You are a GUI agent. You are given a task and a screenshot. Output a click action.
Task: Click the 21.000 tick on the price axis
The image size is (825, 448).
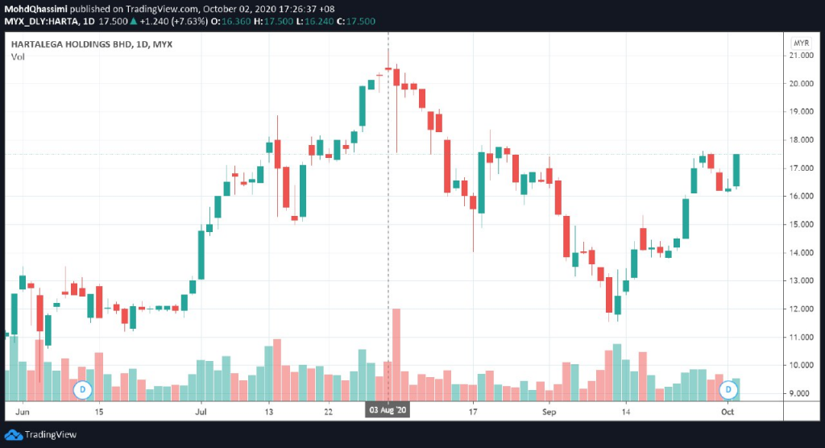(x=802, y=56)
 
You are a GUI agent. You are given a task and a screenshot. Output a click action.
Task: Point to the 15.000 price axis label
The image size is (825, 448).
(x=802, y=224)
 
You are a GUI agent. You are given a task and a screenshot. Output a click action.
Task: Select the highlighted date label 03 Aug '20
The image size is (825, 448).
(x=388, y=410)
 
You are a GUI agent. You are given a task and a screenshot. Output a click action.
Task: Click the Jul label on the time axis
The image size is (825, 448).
(x=201, y=412)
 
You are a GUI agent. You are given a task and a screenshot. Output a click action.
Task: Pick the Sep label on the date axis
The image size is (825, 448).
(x=549, y=412)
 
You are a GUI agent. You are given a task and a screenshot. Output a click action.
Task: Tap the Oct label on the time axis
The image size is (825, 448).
(x=728, y=412)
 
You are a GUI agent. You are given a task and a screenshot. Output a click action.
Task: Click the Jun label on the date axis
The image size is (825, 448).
(x=22, y=412)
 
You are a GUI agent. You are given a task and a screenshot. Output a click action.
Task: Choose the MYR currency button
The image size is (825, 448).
(x=802, y=44)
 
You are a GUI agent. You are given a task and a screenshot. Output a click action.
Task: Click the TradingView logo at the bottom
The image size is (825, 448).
(x=40, y=435)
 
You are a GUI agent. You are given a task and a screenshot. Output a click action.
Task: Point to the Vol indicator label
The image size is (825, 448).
(x=18, y=57)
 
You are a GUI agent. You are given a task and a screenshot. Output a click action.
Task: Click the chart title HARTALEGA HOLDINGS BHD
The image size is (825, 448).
(x=71, y=44)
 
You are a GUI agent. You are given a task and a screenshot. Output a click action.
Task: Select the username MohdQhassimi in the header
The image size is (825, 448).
(x=35, y=9)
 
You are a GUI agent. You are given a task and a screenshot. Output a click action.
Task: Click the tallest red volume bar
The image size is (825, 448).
(x=396, y=355)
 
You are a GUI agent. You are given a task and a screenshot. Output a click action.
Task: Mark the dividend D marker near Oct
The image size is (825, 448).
(x=728, y=389)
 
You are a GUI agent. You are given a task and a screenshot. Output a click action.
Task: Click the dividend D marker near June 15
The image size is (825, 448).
(x=83, y=390)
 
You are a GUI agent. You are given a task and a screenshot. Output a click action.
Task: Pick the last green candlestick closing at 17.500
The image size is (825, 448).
(x=736, y=170)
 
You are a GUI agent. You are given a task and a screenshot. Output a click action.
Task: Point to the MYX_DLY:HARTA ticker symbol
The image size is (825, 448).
(x=42, y=22)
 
